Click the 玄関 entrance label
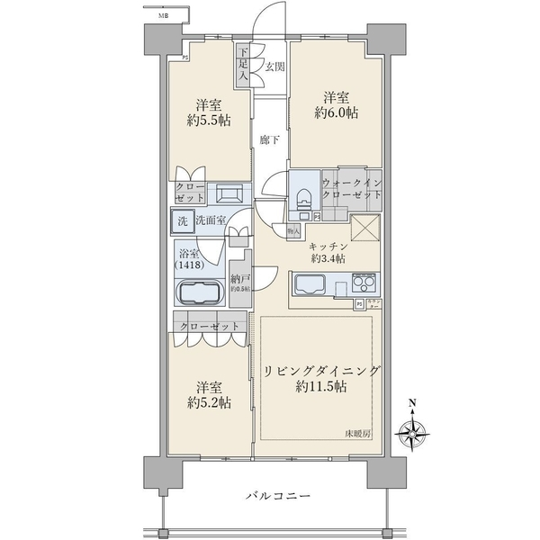(x=275, y=67)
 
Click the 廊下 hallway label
(x=267, y=139)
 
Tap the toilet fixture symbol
(x=302, y=196)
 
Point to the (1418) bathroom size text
(x=189, y=266)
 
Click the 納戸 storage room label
(x=239, y=280)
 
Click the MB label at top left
(x=164, y=15)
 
